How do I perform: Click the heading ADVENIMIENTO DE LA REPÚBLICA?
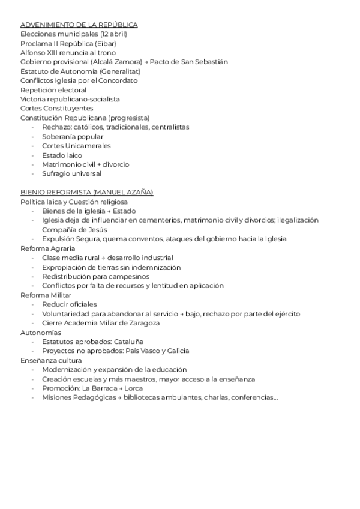[79, 25]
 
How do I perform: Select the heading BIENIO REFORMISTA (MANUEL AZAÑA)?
[86, 192]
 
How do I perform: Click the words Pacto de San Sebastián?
[188, 62]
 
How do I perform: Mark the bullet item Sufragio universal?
[71, 174]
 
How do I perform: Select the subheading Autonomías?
[40, 332]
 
